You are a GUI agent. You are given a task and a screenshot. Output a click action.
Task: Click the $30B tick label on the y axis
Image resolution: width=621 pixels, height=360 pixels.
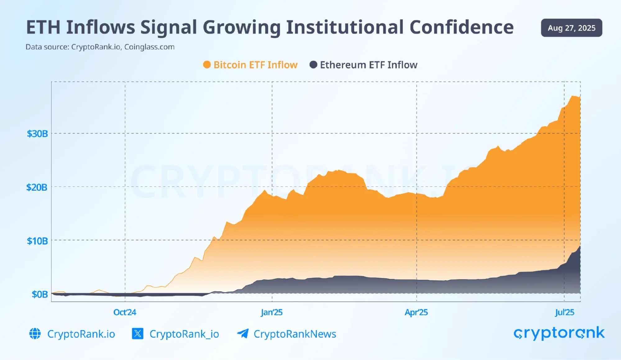click(x=37, y=134)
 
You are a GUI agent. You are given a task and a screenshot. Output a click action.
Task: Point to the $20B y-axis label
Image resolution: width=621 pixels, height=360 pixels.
click(x=37, y=187)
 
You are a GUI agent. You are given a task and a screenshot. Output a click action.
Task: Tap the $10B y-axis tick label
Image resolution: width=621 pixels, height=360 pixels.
click(x=37, y=241)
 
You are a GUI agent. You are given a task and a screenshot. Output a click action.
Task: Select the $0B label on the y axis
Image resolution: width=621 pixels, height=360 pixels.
click(x=40, y=294)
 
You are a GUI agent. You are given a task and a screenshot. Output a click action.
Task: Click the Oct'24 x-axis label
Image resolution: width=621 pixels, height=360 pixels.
click(x=125, y=312)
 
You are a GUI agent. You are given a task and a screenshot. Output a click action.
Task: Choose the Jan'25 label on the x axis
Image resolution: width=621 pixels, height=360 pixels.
click(x=272, y=312)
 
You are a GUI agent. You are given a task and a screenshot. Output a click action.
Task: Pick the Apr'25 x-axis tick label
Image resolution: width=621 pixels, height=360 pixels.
click(x=416, y=312)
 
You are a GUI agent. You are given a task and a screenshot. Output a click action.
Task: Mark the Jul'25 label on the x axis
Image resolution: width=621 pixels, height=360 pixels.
click(x=564, y=312)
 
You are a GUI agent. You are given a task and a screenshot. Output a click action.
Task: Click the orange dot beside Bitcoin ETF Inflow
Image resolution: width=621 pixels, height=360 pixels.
click(x=207, y=65)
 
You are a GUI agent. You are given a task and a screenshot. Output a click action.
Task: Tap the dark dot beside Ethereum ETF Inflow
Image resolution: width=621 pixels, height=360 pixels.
click(x=313, y=65)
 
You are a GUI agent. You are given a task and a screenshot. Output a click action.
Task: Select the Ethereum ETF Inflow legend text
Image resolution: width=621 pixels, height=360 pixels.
click(x=369, y=65)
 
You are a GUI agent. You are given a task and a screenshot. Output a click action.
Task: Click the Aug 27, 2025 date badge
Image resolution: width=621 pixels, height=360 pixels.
click(x=571, y=28)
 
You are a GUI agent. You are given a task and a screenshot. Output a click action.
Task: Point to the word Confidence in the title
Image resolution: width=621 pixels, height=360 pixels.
click(x=461, y=27)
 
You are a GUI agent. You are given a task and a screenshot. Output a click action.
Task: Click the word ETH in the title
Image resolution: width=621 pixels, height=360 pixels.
click(x=43, y=27)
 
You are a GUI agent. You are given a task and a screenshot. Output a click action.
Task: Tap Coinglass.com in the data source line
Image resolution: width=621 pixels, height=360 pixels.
click(x=149, y=47)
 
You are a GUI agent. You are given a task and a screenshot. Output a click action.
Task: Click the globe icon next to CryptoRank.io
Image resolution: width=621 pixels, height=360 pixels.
click(x=35, y=334)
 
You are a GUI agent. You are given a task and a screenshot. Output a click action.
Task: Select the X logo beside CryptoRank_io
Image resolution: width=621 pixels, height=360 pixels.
click(x=138, y=334)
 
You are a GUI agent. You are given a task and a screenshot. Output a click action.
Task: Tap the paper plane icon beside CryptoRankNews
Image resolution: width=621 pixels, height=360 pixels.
click(x=243, y=334)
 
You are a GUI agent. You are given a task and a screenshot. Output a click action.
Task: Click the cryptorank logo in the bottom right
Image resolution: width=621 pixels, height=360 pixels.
click(x=559, y=333)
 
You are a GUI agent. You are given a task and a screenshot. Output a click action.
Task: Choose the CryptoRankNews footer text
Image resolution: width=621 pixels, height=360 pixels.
click(x=295, y=334)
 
